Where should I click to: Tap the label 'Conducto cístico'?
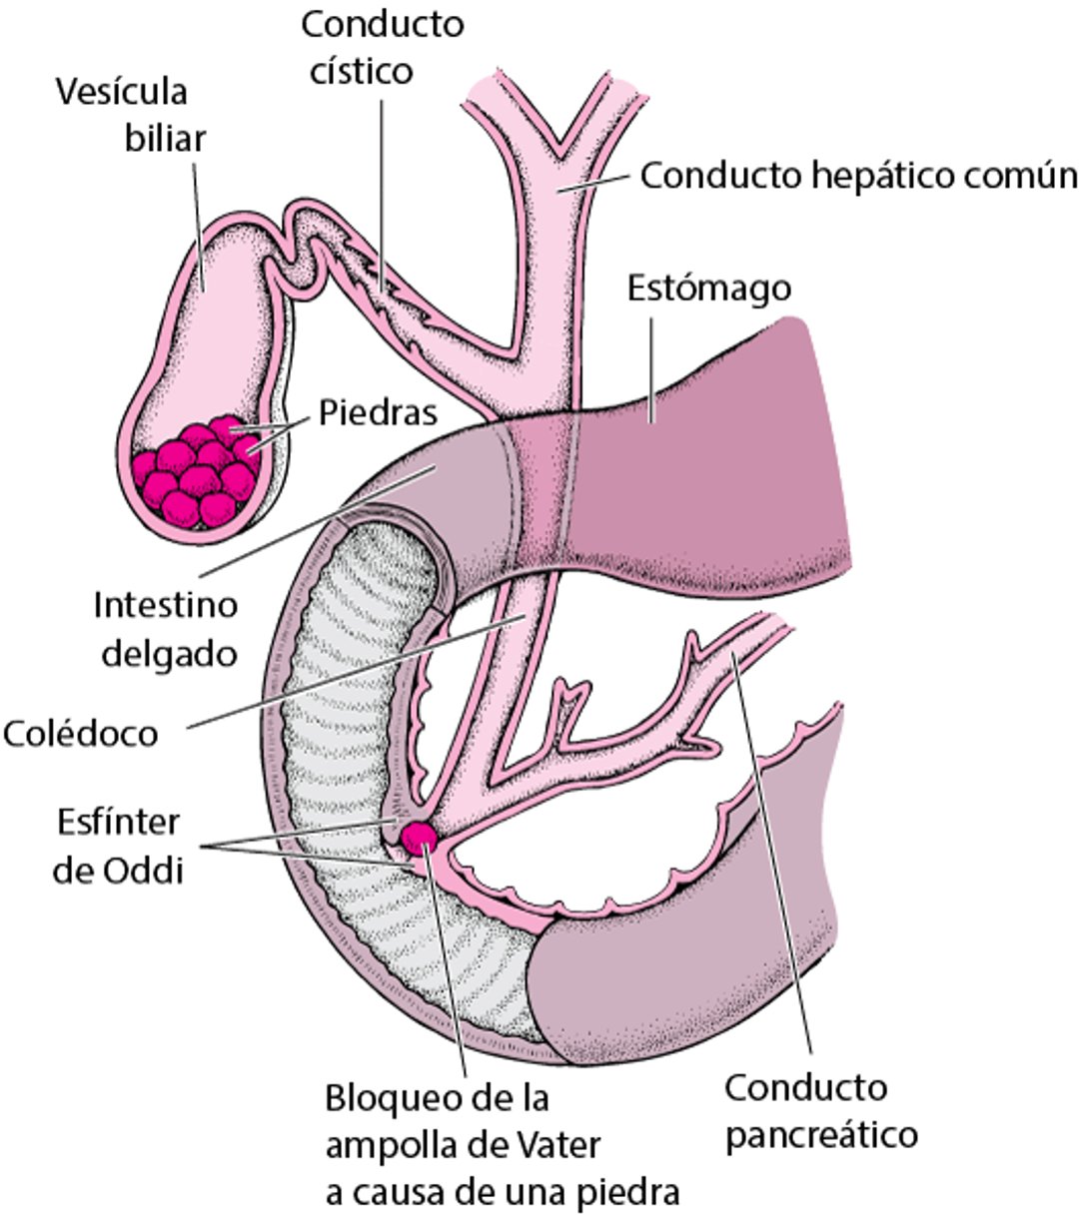point(382,48)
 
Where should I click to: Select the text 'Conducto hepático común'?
point(858,176)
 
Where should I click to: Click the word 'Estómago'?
point(708,289)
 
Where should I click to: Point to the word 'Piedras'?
point(378,413)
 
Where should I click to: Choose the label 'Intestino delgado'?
point(165,629)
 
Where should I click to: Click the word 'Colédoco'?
point(80,734)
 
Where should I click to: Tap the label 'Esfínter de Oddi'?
point(117,847)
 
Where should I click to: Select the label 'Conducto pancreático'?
point(820,1110)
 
